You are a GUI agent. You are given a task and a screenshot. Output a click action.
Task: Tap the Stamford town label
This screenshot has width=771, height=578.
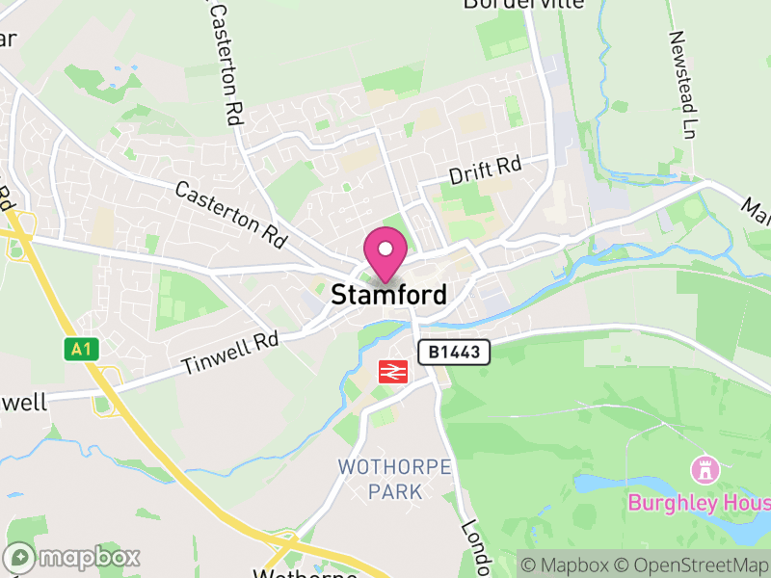tap(389, 295)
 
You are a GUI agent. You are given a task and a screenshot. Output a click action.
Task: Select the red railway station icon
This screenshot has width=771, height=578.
tap(391, 372)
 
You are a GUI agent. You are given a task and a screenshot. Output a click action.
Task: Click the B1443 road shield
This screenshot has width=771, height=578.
tap(454, 353)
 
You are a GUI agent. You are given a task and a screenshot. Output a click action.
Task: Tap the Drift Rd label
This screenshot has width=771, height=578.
tap(485, 171)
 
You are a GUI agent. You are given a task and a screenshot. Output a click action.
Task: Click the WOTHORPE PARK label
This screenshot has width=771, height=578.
tap(395, 479)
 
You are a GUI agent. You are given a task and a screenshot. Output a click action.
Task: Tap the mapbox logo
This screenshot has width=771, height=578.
tap(72, 557)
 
